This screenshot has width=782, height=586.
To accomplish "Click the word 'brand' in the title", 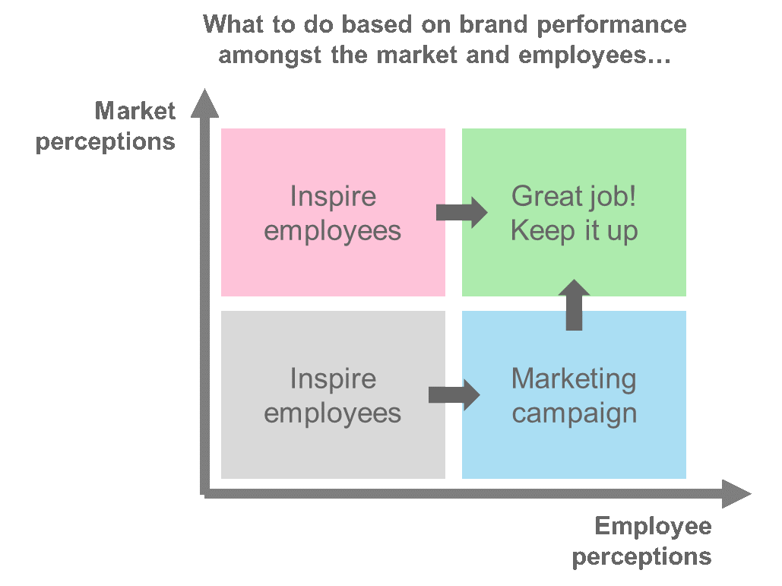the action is pos(492,24).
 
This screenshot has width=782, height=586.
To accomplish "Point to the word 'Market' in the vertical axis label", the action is pos(135,111).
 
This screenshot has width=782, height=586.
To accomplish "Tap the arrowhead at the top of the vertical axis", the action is pos(204,103).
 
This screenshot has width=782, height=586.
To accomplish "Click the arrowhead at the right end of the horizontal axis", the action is pos(736,494).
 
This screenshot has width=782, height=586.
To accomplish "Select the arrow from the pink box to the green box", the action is pos(462,213).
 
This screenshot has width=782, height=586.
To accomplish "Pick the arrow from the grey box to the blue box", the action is pos(454,395).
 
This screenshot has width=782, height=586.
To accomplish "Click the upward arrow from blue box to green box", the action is pos(574,305).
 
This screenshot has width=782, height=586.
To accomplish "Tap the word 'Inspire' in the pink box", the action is pos(333,196).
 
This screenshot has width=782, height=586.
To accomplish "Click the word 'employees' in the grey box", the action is pos(333,414).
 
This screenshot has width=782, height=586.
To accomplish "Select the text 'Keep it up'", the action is pos(574,232).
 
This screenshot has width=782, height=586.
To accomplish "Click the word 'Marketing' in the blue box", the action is pos(574,380).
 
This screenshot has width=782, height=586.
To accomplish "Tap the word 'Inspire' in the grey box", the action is pos(333,379).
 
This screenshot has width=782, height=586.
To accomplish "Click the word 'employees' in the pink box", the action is pos(333,232).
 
